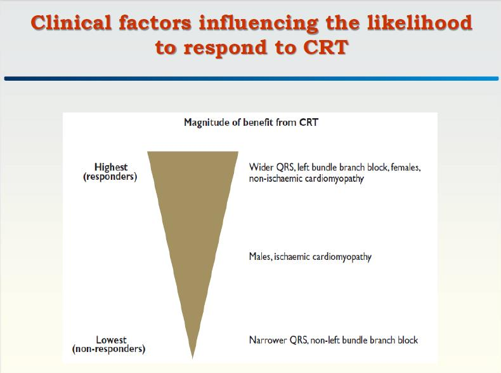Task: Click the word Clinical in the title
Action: click(71, 23)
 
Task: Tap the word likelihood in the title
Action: click(419, 23)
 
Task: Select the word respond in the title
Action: click(225, 48)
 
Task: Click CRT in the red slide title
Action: click(325, 47)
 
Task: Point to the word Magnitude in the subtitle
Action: click(207, 122)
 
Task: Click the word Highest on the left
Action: click(111, 167)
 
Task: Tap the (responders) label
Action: click(110, 177)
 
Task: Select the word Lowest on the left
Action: click(111, 340)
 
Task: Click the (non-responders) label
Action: click(108, 349)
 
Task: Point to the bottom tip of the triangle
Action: click(192, 358)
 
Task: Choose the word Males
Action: click(261, 257)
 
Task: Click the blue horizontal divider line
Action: click(251, 78)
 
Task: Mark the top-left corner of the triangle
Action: click(147, 152)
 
